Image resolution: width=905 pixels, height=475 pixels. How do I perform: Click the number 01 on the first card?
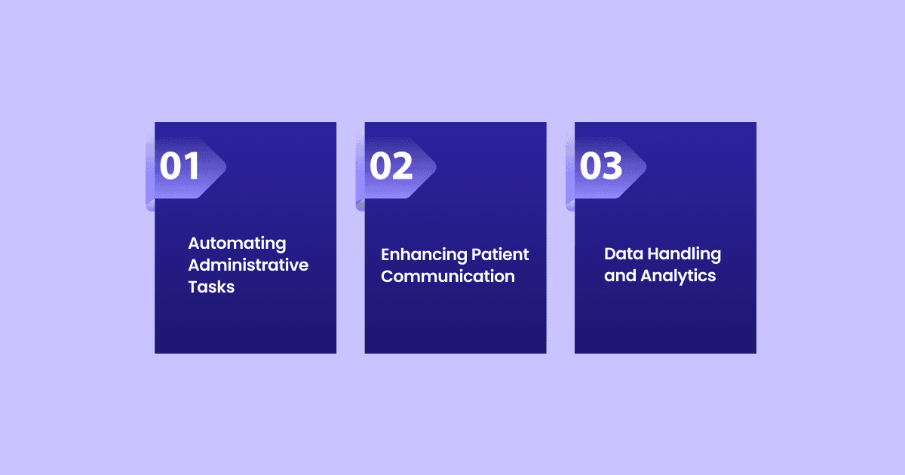click(179, 166)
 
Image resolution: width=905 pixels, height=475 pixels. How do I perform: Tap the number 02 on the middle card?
click(391, 166)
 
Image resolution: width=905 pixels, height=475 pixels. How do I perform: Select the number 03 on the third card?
click(601, 166)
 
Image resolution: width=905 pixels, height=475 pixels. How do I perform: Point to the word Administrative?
click(248, 265)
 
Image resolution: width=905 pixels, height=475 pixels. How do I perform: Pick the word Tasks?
click(211, 287)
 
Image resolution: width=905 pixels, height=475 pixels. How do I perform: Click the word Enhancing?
click(424, 256)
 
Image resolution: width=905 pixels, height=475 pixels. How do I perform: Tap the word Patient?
click(500, 255)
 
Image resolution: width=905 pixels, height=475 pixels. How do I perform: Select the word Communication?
click(448, 276)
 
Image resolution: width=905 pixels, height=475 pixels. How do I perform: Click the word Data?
click(624, 253)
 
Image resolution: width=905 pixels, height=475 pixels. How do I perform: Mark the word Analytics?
click(678, 276)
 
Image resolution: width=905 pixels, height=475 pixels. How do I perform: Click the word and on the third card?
click(620, 276)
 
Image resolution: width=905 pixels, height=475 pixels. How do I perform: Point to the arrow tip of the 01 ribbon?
click(225, 167)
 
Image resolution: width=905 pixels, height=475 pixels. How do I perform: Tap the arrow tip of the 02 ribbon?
click(436, 167)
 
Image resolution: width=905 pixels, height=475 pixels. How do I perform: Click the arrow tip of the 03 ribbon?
click(646, 167)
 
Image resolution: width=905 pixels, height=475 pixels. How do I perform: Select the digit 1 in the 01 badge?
click(192, 166)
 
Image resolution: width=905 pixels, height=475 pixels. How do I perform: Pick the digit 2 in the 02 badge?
click(403, 166)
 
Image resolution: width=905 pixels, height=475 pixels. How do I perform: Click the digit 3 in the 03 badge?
click(612, 166)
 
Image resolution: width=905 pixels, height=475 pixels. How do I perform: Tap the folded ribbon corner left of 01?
click(150, 205)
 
